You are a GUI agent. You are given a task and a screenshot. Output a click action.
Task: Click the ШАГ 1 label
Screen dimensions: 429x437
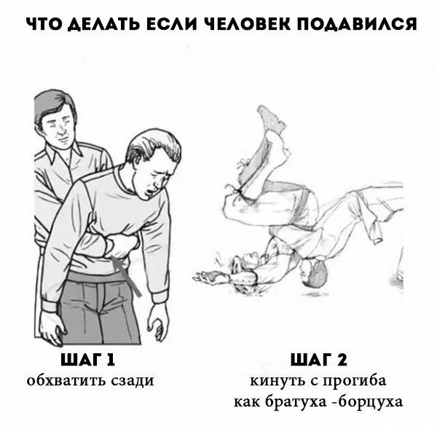pyautogui.click(x=90, y=360)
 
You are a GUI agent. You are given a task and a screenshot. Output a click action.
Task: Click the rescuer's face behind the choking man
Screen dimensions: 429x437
pyautogui.click(x=59, y=126)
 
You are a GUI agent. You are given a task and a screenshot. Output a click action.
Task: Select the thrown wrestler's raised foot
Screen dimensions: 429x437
pyautogui.click(x=271, y=117)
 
